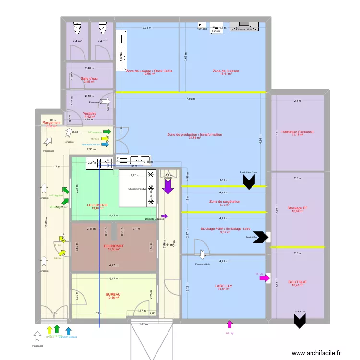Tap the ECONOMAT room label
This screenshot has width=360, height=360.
[x=113, y=246]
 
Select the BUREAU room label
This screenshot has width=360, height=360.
[x=113, y=294]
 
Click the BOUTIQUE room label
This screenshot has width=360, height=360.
[x=298, y=282]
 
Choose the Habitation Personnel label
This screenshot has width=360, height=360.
[x=298, y=132]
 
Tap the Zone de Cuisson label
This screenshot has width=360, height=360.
[x=226, y=71]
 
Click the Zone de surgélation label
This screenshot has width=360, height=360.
[x=225, y=201]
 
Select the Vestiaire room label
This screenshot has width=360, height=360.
[x=90, y=114]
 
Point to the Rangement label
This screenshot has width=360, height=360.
[x=51, y=123]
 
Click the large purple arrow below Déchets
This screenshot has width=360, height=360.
[x=168, y=187]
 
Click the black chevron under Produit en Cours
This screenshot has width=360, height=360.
[x=249, y=181]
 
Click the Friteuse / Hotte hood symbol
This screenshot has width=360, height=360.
[x=245, y=25]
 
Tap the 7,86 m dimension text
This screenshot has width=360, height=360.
[x=191, y=99]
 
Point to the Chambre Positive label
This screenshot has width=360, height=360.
[x=137, y=189]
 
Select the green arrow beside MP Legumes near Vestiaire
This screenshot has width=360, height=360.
[x=107, y=132]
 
